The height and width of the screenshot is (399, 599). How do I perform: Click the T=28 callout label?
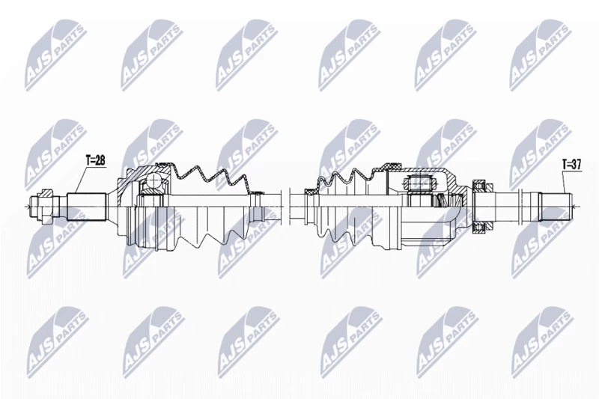[95, 161]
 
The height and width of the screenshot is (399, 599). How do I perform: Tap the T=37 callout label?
[571, 165]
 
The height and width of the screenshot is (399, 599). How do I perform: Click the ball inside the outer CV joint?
[153, 180]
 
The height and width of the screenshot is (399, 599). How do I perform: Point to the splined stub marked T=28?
[86, 207]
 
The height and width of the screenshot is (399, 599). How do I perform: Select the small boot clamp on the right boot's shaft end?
[309, 191]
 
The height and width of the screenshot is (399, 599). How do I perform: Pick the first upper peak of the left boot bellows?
[196, 168]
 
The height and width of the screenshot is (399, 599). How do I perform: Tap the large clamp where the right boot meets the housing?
[392, 166]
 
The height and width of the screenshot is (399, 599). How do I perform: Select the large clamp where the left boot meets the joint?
[163, 164]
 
